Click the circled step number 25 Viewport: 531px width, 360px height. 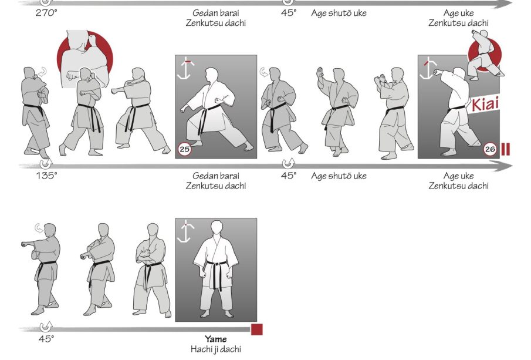point(185,149)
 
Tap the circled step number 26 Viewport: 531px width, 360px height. point(490,149)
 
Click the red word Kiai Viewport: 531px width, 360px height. point(485,104)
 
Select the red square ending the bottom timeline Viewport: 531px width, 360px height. point(257,329)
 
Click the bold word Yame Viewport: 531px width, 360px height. point(216,339)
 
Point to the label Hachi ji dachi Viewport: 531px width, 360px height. point(216,349)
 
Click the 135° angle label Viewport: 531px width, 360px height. point(47,176)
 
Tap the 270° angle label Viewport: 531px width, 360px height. point(47,13)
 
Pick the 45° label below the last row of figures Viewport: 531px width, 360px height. point(46,339)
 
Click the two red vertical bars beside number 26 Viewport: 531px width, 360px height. point(506,149)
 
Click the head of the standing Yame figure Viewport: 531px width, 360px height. point(216,228)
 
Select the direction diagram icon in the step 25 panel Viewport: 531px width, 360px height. point(185,69)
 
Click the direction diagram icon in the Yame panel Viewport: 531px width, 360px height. point(185,232)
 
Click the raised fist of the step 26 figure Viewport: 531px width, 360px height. point(438,72)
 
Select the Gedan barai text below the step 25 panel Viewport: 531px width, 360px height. point(216,176)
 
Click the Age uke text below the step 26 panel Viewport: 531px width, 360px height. point(458,176)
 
